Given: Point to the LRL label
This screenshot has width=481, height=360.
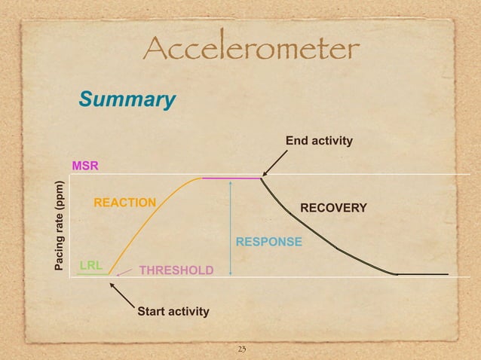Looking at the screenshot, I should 91,264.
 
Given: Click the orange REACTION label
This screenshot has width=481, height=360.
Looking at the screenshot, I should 124,203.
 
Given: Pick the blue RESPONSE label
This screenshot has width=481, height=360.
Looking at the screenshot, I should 269,242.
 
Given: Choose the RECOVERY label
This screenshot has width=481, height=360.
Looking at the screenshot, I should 333,207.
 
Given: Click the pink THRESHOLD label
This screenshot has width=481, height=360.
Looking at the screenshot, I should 176,270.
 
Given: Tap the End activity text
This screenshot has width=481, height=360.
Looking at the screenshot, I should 318,141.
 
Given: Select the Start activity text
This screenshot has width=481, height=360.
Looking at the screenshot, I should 173,310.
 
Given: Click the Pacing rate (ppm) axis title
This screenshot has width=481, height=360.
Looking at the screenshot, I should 60,226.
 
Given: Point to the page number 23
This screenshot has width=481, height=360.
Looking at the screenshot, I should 242,349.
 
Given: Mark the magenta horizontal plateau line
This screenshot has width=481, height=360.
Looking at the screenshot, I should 231,178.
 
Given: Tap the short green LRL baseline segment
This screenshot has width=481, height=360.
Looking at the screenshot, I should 92,273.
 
